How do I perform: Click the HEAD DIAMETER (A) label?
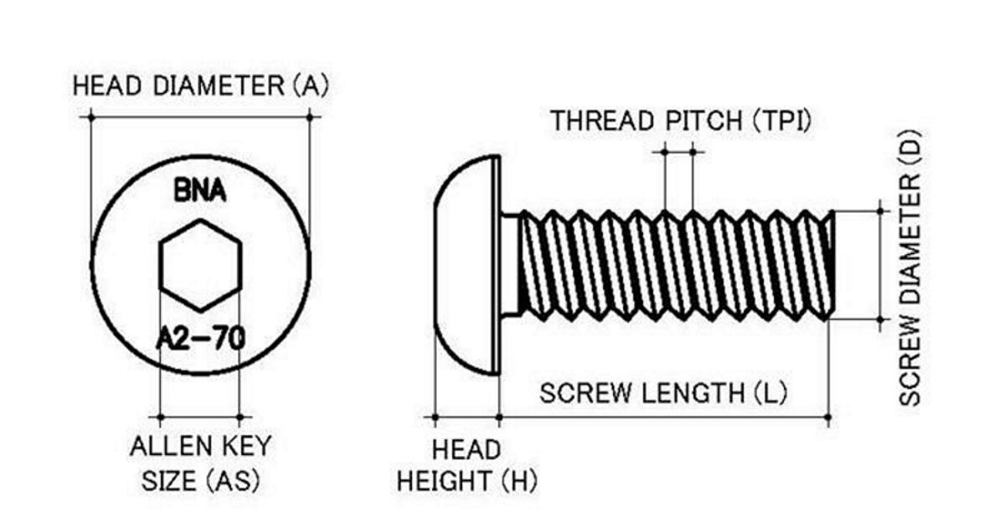pyautogui.click(x=200, y=85)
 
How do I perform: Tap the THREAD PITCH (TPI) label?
pyautogui.click(x=680, y=121)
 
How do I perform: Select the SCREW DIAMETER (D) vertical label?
pyautogui.click(x=910, y=267)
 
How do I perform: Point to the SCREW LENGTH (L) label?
pyautogui.click(x=663, y=393)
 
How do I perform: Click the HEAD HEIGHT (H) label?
pyautogui.click(x=466, y=465)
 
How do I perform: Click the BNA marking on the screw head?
pyautogui.click(x=199, y=192)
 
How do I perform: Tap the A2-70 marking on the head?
pyautogui.click(x=200, y=339)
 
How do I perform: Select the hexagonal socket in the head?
pyautogui.click(x=200, y=264)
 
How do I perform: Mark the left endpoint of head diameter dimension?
pyautogui.click(x=90, y=116)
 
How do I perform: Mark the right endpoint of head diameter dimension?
pyautogui.click(x=310, y=116)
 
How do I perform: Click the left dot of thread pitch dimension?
pyautogui.click(x=664, y=152)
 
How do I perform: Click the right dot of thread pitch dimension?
pyautogui.click(x=693, y=152)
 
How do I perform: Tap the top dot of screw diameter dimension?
pyautogui.click(x=880, y=211)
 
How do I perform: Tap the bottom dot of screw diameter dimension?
pyautogui.click(x=880, y=319)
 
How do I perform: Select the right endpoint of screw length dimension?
pyautogui.click(x=828, y=417)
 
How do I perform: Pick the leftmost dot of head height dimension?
pyautogui.click(x=435, y=417)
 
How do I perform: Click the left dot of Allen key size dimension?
pyautogui.click(x=160, y=417)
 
